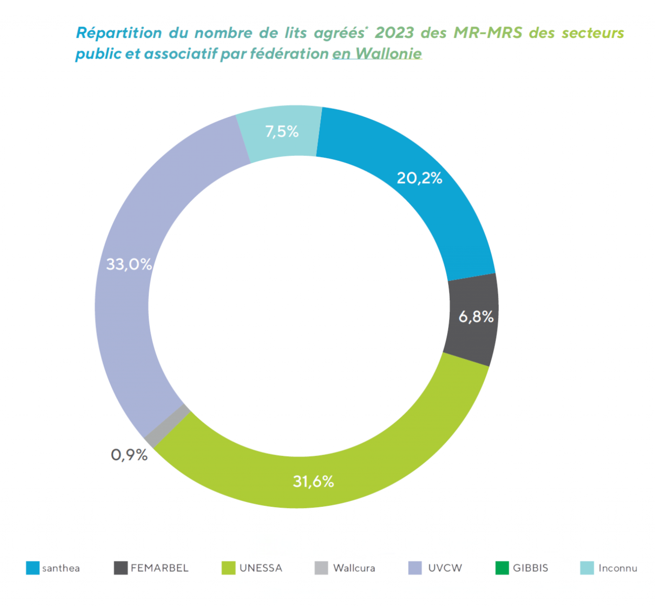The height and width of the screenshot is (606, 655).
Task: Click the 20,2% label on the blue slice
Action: (419, 178)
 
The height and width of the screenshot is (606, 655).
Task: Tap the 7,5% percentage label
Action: (282, 131)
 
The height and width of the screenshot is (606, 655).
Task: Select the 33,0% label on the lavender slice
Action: (129, 264)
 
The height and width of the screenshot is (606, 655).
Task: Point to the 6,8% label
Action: (476, 317)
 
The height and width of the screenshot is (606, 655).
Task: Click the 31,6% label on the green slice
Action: (313, 481)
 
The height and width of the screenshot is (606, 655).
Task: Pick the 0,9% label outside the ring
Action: (129, 455)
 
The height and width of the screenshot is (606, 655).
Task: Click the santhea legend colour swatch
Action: (33, 568)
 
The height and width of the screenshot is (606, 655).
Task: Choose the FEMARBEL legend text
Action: (159, 568)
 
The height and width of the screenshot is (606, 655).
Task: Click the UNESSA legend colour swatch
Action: (228, 568)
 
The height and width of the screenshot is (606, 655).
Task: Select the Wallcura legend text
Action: (354, 568)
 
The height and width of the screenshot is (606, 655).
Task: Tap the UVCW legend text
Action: (445, 568)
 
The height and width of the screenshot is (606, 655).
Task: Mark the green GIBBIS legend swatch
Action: (502, 568)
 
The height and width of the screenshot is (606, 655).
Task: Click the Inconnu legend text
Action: (617, 568)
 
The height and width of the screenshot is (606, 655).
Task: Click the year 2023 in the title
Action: (394, 33)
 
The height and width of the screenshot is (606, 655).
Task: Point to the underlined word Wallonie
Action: (388, 54)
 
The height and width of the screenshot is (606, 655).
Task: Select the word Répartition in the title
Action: (119, 33)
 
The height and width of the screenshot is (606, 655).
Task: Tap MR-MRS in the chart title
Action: (487, 33)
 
